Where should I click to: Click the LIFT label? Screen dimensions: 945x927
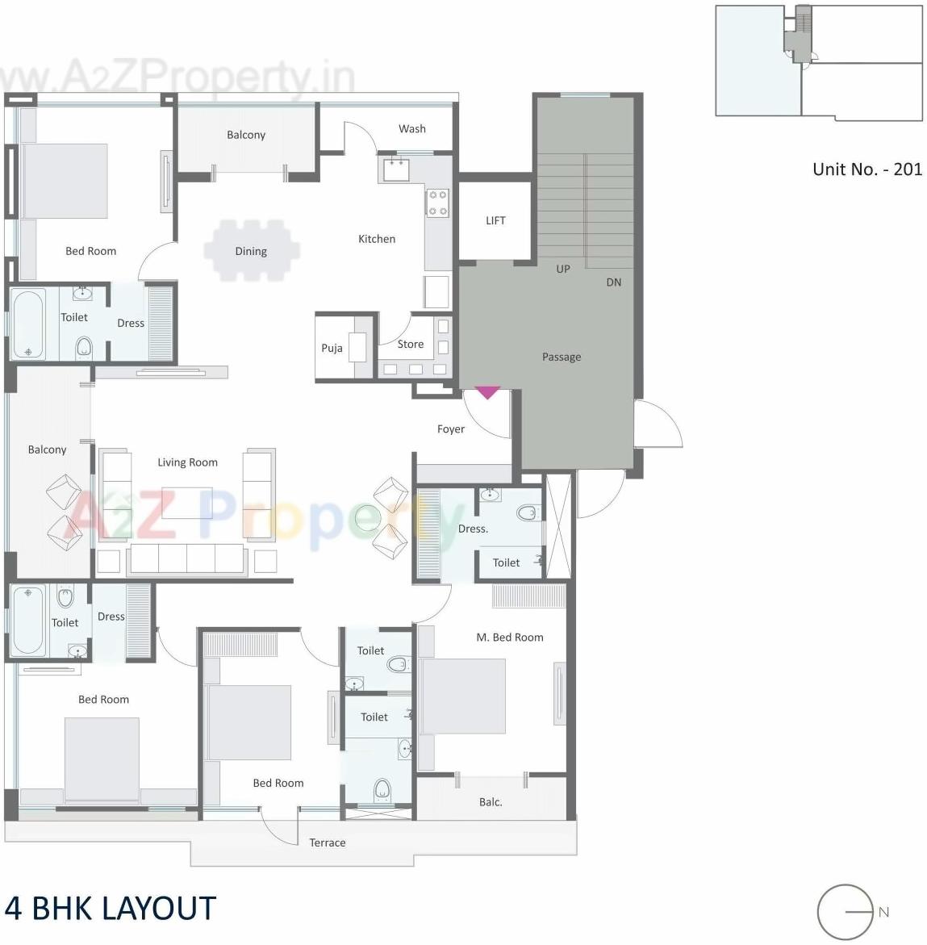click(495, 220)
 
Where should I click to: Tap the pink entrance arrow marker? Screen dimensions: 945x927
click(487, 392)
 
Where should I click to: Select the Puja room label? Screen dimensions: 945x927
click(332, 349)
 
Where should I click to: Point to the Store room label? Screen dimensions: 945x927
click(410, 344)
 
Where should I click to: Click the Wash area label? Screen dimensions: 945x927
click(411, 128)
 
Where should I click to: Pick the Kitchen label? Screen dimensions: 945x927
click(377, 239)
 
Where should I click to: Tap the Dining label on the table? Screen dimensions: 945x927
click(251, 251)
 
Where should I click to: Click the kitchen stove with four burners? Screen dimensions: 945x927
click(438, 203)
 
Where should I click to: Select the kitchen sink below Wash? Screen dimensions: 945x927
click(396, 169)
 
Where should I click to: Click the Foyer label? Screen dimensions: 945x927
click(451, 429)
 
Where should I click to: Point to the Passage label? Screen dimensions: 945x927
click(562, 357)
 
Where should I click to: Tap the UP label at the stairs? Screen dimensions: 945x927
click(563, 269)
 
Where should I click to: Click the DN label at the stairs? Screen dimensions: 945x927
click(614, 282)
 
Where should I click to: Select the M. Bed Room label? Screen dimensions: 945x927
click(510, 637)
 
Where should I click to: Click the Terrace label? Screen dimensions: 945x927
click(328, 843)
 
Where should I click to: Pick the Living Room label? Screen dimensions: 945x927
click(187, 462)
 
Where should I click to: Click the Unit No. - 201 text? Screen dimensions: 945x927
click(867, 169)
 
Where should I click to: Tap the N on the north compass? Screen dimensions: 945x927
click(883, 912)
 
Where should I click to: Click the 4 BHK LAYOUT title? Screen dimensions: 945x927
click(111, 909)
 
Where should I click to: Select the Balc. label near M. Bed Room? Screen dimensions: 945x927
click(491, 802)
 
